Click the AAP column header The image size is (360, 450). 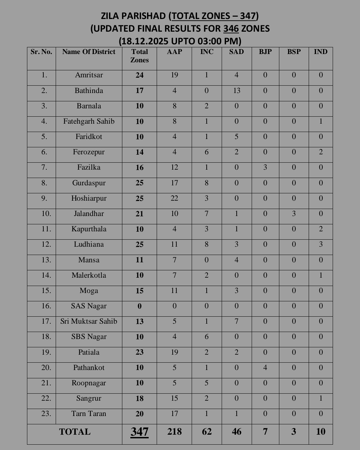tap(174, 52)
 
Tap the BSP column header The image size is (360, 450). tap(294, 52)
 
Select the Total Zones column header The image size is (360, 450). tap(139, 56)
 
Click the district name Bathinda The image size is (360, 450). tap(89, 91)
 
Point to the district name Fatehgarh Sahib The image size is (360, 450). tap(89, 121)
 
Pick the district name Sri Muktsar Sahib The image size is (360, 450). tap(89, 321)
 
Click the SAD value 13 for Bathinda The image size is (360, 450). tap(236, 91)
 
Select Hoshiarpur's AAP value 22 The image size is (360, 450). tap(174, 198)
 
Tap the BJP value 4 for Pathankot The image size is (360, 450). tap(265, 368)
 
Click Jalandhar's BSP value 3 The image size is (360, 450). tap(294, 214)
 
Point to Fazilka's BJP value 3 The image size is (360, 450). tap(265, 167)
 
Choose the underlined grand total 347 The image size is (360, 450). tap(139, 432)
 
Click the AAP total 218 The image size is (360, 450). tap(174, 432)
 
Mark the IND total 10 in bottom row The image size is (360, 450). tap(320, 432)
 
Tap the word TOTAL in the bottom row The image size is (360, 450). tap(75, 432)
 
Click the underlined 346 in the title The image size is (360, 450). tap(231, 29)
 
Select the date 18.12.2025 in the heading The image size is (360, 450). tap(144, 41)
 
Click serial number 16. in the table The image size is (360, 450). tap(46, 306)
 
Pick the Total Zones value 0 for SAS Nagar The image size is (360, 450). tap(139, 306)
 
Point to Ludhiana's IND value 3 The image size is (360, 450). tap(320, 244)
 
